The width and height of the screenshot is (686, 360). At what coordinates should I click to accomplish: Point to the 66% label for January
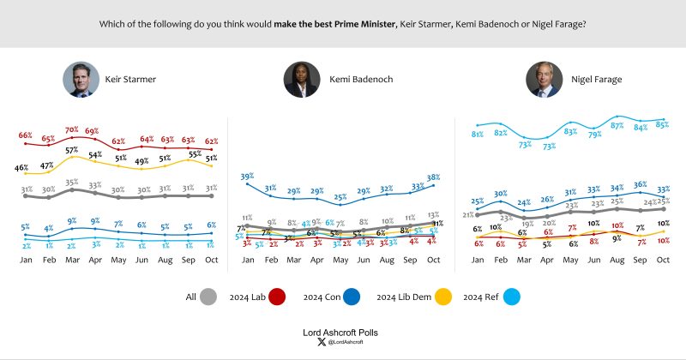[x=26, y=135]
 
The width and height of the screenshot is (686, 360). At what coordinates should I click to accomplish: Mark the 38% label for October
[x=434, y=177]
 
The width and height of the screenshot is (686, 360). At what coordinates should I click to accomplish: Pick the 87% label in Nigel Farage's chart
[x=616, y=125]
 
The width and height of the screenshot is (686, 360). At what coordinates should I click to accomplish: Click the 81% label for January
[x=477, y=134]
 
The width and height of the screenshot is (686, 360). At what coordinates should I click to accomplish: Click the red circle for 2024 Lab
[x=277, y=297]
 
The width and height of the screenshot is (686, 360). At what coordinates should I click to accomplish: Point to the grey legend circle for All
[x=208, y=297]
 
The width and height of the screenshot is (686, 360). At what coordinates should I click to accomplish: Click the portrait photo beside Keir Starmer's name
[x=77, y=79]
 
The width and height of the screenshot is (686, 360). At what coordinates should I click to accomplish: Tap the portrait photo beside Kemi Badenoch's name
[x=301, y=79]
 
